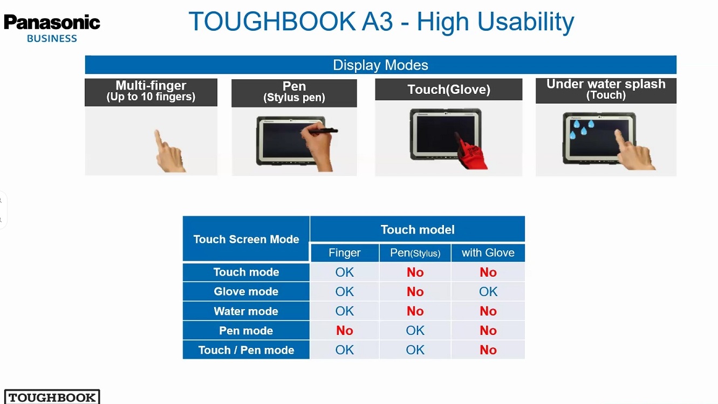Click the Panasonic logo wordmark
(52, 23)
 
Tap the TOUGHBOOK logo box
(52, 396)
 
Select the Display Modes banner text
(380, 65)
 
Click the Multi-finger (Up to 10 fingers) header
(151, 92)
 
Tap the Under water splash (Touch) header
(606, 91)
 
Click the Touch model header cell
(418, 229)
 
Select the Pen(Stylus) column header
(415, 253)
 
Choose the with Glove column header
(488, 253)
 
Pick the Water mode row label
(246, 311)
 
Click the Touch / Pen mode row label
(246, 350)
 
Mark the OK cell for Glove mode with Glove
(488, 292)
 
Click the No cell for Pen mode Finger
(345, 330)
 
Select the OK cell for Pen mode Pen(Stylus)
(415, 330)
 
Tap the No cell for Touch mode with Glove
(488, 272)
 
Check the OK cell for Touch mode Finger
(345, 272)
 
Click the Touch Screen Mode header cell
(246, 239)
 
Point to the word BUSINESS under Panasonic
(52, 38)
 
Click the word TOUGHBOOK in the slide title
(272, 22)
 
